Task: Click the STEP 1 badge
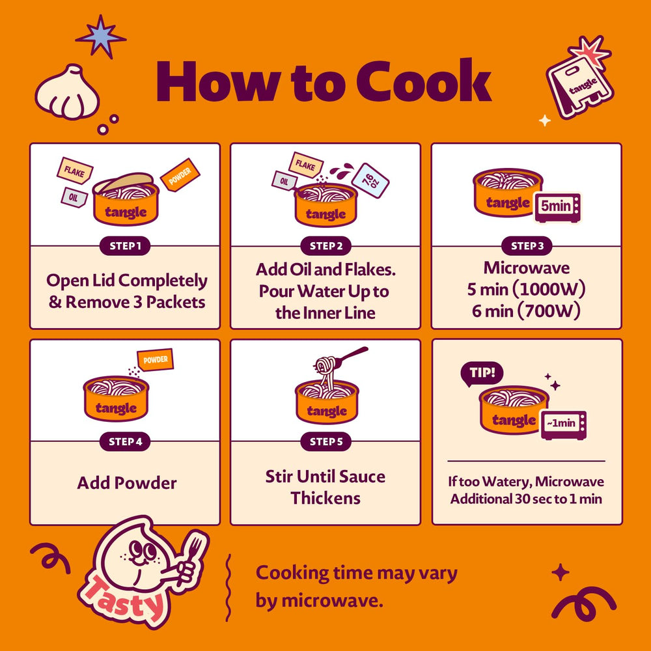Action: click(x=125, y=246)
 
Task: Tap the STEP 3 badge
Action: click(x=527, y=246)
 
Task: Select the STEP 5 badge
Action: click(x=326, y=442)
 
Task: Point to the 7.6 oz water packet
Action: click(x=370, y=180)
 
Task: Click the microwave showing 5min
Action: click(x=558, y=207)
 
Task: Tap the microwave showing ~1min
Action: click(x=563, y=424)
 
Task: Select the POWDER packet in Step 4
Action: click(x=156, y=359)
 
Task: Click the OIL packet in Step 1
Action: click(x=74, y=198)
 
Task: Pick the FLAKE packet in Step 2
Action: click(x=305, y=165)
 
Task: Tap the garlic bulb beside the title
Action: click(x=68, y=92)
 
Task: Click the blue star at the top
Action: click(x=100, y=36)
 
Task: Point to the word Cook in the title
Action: click(x=424, y=82)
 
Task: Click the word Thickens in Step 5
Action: click(x=325, y=498)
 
